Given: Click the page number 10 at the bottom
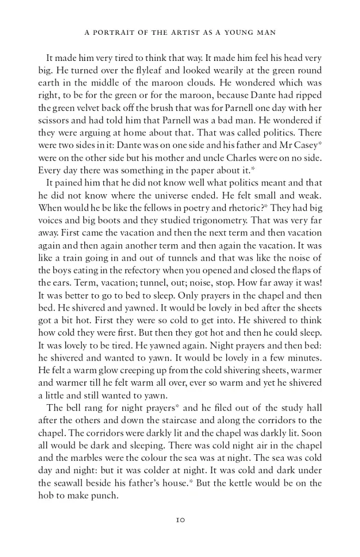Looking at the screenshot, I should click(180, 519).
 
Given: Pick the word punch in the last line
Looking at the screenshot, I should click(106, 495).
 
